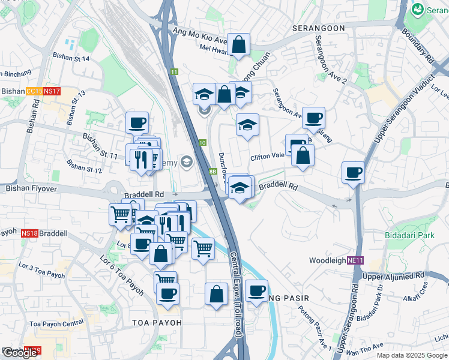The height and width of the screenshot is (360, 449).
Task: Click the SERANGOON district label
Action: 318,28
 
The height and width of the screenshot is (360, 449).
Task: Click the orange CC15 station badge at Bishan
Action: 34,91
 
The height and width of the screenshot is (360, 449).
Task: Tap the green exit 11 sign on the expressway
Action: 174,72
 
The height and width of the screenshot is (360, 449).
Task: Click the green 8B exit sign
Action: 212,171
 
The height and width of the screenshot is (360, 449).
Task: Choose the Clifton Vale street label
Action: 267,156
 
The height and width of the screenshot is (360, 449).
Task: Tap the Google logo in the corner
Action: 20,353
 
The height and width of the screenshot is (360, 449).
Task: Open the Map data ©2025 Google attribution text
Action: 412,355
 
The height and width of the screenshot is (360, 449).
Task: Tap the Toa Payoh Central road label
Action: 56,324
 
